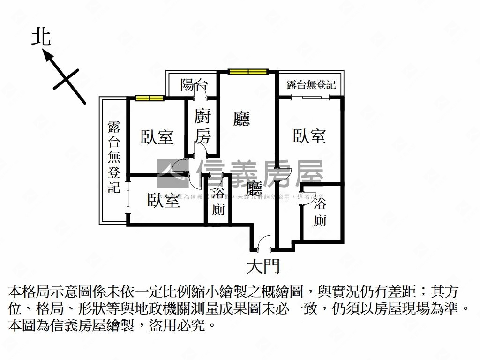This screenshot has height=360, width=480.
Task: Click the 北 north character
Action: (x=41, y=37)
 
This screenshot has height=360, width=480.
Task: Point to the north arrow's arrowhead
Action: (x=47, y=55)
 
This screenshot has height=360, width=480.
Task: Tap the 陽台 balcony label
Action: (x=194, y=85)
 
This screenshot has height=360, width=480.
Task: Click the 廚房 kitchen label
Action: (x=202, y=126)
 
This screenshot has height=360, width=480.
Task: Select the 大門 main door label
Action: (x=263, y=267)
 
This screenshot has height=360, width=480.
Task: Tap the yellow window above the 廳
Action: (x=248, y=72)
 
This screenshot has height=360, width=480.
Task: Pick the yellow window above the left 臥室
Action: (x=150, y=98)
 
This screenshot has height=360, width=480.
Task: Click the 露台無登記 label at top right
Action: (x=311, y=85)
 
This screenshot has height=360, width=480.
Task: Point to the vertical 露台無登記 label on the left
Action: (x=114, y=157)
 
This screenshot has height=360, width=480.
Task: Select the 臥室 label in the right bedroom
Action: (x=309, y=136)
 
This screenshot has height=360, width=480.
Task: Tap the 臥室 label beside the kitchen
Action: (x=157, y=137)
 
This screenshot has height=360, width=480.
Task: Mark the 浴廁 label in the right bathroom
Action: (x=320, y=212)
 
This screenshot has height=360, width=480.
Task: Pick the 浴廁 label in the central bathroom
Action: (x=218, y=201)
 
